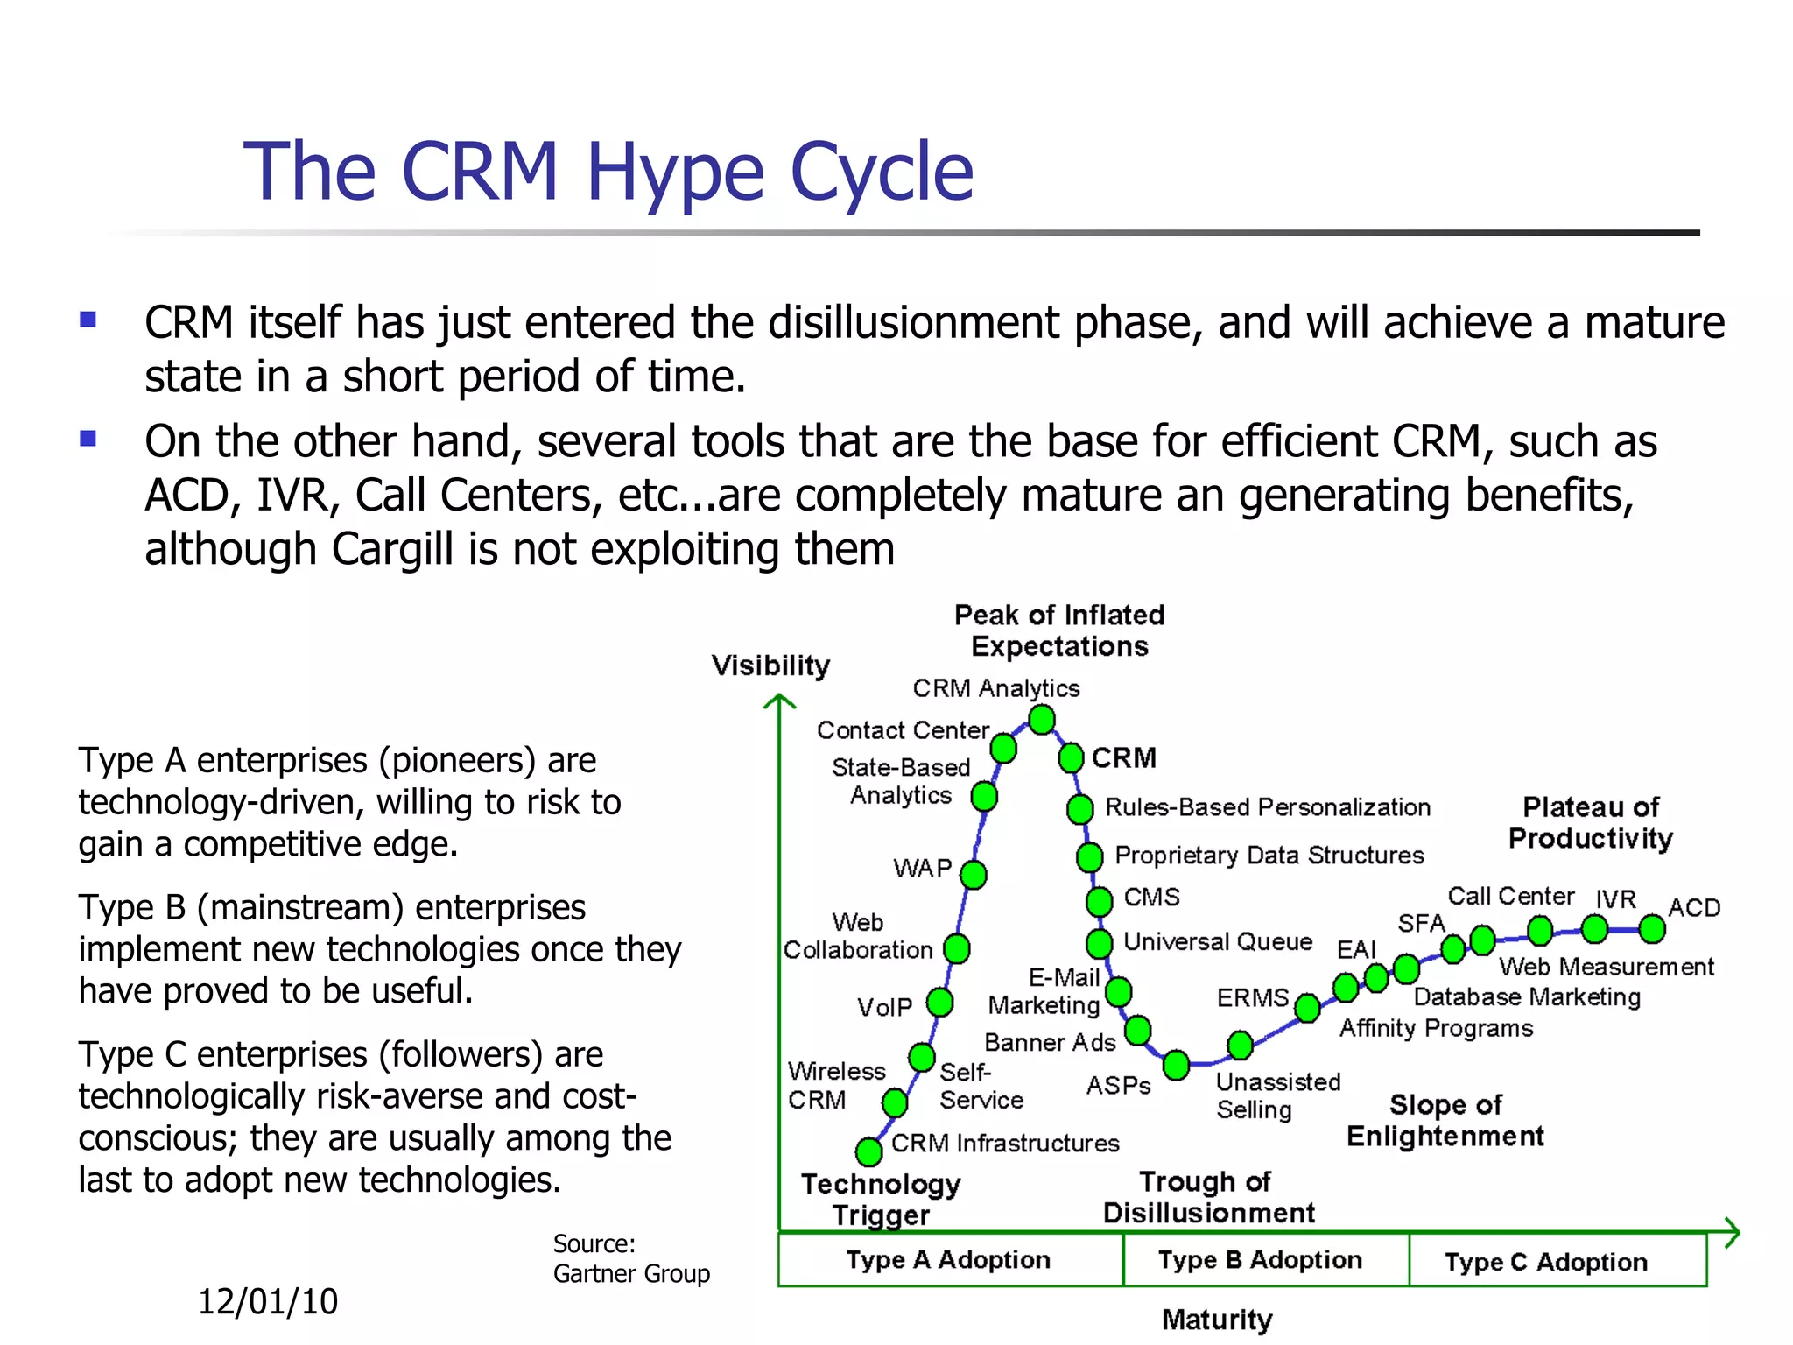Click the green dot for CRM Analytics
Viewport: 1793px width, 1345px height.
pyautogui.click(x=1041, y=720)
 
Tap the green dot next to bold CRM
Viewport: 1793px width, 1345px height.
pyautogui.click(x=1071, y=757)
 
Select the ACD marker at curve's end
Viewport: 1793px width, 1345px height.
pyautogui.click(x=1651, y=929)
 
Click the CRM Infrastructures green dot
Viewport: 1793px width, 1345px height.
pyautogui.click(x=868, y=1151)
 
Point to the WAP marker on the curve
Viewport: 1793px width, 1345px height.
pyautogui.click(x=973, y=874)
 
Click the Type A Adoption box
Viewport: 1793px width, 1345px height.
pyautogui.click(x=950, y=1260)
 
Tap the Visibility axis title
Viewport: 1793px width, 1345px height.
pyautogui.click(x=770, y=665)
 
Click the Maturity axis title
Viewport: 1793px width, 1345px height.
pyautogui.click(x=1217, y=1319)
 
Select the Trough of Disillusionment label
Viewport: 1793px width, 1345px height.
pyautogui.click(x=1208, y=1197)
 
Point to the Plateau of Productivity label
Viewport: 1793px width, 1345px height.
pyautogui.click(x=1590, y=823)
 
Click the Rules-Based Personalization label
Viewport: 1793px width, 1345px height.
pyautogui.click(x=1267, y=807)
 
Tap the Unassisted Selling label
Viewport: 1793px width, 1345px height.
pyautogui.click(x=1276, y=1095)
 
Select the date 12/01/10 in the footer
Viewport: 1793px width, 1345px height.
pyautogui.click(x=268, y=1302)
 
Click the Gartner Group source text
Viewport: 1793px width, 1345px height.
pyautogui.click(x=630, y=1273)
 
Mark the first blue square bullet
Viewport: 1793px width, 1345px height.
pyautogui.click(x=88, y=320)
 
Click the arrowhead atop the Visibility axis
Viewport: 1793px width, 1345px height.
pyautogui.click(x=779, y=701)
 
